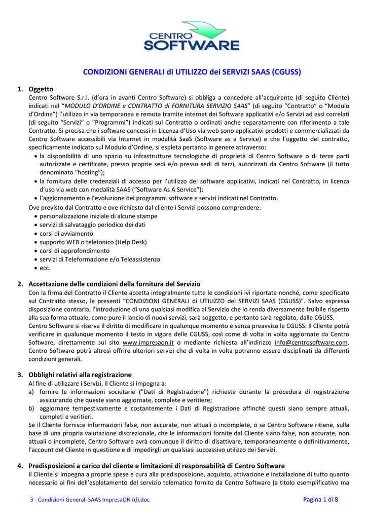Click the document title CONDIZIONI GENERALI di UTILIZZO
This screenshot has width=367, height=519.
click(x=192, y=72)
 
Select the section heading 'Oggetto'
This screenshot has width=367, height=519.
click(x=41, y=89)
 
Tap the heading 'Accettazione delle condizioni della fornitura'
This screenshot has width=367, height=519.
click(x=114, y=284)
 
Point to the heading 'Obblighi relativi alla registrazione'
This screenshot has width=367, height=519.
click(x=80, y=375)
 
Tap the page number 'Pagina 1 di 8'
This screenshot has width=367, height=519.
click(x=320, y=500)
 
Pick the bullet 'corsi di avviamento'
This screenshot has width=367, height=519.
click(x=66, y=233)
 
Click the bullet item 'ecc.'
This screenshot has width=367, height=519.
click(x=45, y=268)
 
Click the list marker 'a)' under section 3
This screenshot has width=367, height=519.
click(x=31, y=392)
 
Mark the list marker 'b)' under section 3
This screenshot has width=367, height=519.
click(x=31, y=408)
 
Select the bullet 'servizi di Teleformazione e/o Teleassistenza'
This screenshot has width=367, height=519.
click(x=100, y=259)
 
